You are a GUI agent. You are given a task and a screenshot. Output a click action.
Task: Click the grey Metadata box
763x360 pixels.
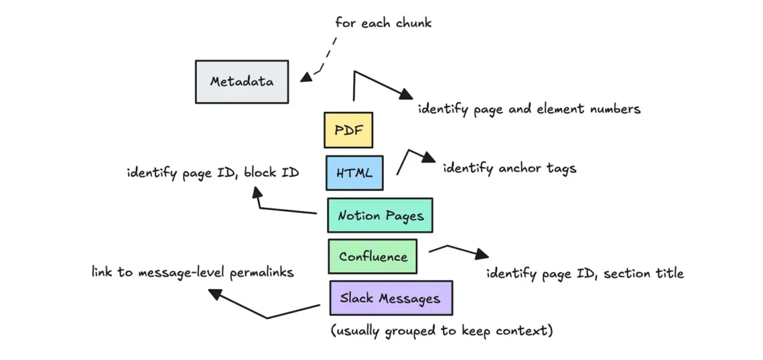click(x=241, y=81)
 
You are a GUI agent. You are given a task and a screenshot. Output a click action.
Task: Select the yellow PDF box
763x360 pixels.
click(x=348, y=130)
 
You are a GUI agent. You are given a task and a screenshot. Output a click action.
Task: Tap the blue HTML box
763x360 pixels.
click(x=354, y=173)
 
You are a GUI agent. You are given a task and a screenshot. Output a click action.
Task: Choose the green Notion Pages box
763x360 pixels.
click(x=380, y=215)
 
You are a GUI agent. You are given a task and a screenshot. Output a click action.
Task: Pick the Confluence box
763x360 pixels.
click(x=373, y=256)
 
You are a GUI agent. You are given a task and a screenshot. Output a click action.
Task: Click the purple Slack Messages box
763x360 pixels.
click(x=390, y=298)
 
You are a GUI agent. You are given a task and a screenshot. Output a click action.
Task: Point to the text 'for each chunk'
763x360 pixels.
click(x=383, y=22)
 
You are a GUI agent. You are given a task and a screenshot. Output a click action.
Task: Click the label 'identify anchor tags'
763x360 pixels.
click(x=509, y=168)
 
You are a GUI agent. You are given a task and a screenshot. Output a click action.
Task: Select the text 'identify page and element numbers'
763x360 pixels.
click(x=528, y=110)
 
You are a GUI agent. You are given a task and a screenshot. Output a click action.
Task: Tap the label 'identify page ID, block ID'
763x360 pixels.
click(x=212, y=173)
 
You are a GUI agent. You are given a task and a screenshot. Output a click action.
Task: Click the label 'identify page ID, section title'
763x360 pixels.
click(x=585, y=274)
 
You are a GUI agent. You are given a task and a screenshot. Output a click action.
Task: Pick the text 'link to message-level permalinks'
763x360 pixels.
click(x=192, y=273)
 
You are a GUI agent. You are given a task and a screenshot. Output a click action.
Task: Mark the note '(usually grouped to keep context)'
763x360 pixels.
click(x=442, y=330)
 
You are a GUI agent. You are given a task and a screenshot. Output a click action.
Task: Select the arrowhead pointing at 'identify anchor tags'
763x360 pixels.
click(x=430, y=159)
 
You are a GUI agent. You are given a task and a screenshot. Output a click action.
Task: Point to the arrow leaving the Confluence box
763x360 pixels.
click(x=455, y=249)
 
